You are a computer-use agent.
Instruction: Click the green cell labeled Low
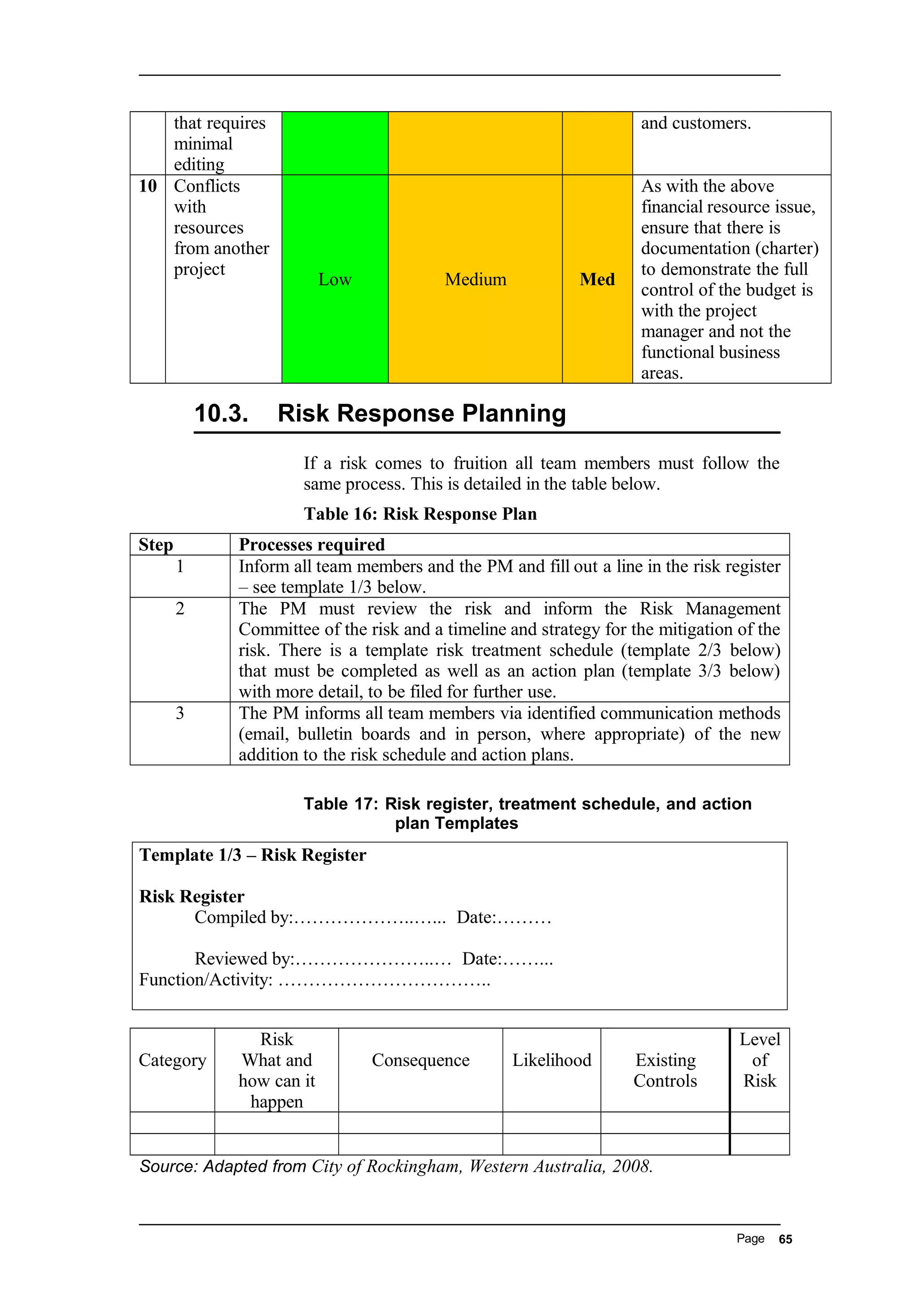(x=335, y=279)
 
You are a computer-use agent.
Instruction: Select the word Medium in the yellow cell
(x=475, y=279)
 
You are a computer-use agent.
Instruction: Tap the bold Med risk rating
(x=597, y=279)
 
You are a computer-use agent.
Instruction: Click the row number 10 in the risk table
(x=148, y=186)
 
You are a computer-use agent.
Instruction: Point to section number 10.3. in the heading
(x=221, y=413)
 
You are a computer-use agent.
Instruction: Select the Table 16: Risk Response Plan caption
(x=420, y=514)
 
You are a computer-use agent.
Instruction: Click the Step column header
(x=156, y=545)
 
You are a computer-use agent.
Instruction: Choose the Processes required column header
(x=311, y=545)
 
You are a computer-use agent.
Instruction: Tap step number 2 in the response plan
(x=180, y=609)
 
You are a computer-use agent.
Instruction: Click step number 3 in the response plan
(x=180, y=713)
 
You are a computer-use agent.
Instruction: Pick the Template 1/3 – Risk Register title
(x=253, y=855)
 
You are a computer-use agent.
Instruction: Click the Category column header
(x=172, y=1060)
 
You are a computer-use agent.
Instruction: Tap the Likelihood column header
(x=551, y=1060)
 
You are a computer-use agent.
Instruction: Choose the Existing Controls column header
(x=665, y=1070)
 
